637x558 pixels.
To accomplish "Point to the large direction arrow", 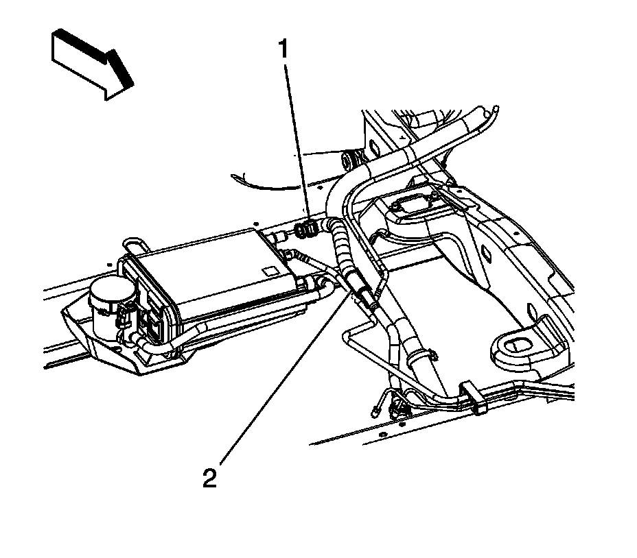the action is tap(91, 63).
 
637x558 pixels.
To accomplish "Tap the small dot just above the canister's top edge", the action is tap(255, 222).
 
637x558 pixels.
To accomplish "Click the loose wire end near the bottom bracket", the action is tap(376, 411).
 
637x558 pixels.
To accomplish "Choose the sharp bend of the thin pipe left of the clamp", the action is tap(345, 334).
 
